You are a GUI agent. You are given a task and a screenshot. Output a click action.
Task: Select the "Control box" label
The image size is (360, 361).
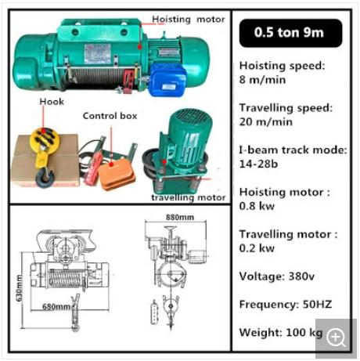(110, 116)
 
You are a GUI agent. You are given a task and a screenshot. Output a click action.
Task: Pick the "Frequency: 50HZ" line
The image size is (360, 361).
(281, 305)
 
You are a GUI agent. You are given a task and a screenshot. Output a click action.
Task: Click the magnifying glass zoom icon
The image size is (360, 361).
(337, 337)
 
